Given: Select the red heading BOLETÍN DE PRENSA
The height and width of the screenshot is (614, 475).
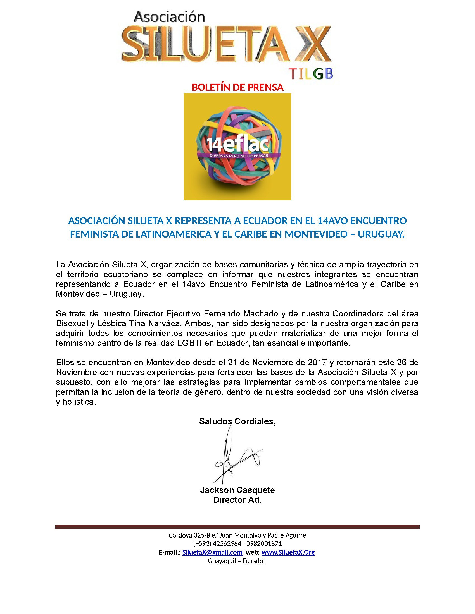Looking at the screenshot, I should tap(237, 88).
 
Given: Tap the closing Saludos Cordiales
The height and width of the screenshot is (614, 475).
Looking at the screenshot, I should tap(237, 421).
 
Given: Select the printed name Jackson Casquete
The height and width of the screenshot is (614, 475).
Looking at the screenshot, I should tap(237, 490).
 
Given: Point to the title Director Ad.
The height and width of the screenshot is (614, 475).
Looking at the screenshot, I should tap(237, 500).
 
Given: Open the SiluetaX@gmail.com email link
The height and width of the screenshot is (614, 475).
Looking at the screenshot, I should tap(212, 552).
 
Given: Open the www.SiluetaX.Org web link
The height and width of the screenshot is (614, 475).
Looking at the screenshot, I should tap(288, 552).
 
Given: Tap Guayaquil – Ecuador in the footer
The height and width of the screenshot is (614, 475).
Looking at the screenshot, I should tap(237, 561).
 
